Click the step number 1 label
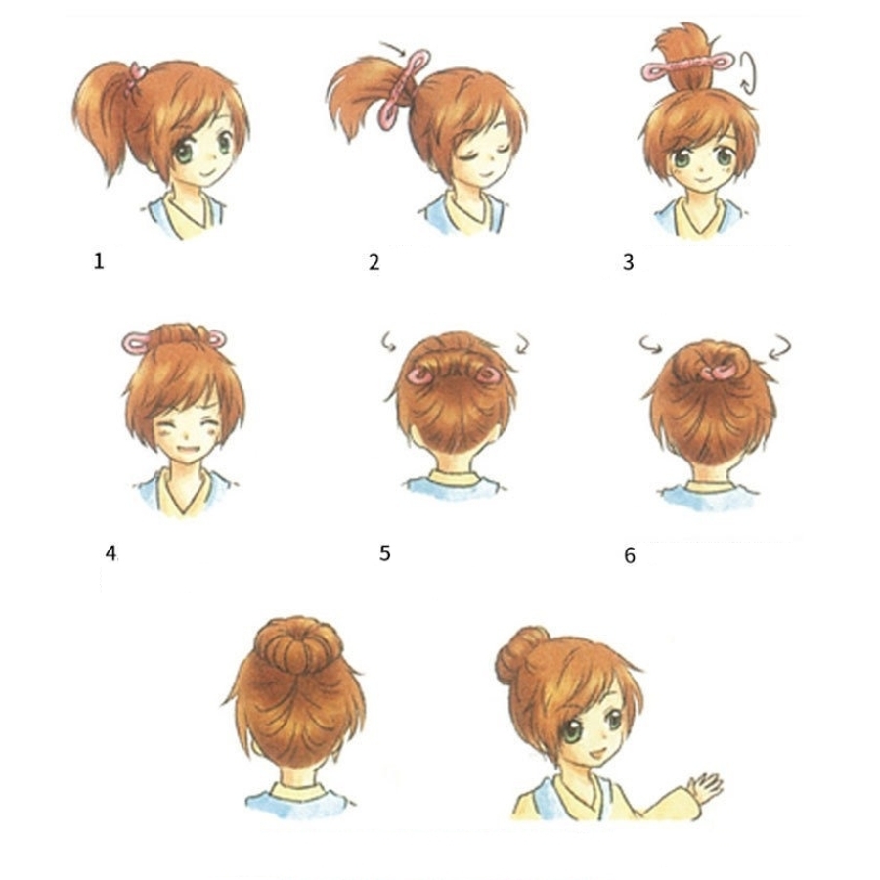99,261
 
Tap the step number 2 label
374,262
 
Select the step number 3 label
628,262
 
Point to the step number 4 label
110,553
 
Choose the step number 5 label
384,553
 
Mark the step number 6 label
630,555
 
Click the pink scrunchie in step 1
135,78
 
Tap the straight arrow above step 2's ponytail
393,49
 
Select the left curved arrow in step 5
387,341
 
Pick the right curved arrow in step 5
522,343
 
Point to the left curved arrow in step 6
651,343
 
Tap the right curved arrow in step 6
780,347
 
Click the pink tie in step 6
719,372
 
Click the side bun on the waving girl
519,654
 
